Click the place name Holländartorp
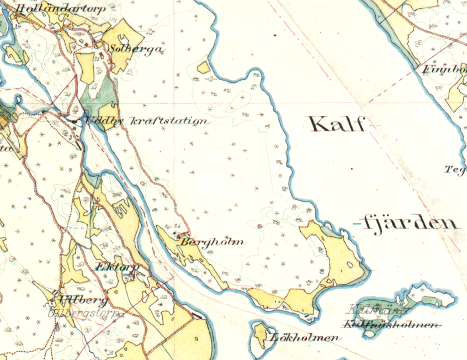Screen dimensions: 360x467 click(60, 8)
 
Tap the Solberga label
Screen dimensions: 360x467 click(136, 49)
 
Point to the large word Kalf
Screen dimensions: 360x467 click(337, 124)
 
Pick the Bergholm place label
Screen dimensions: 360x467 click(212, 242)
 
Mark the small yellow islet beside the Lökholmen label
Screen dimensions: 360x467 click(258, 335)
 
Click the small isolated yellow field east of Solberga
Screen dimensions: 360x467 click(204, 68)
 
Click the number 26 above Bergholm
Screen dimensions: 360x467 click(177, 226)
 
